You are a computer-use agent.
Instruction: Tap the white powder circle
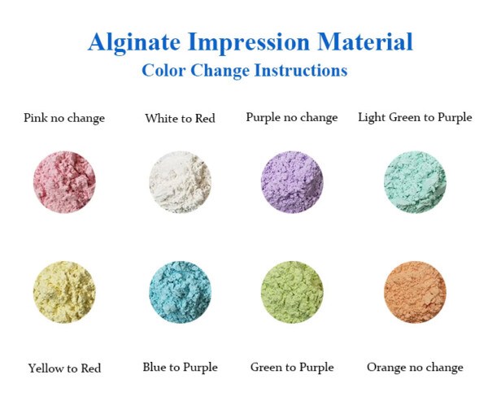[x=180, y=181]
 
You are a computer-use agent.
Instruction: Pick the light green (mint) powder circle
[x=415, y=181]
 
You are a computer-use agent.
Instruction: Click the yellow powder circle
[x=64, y=292]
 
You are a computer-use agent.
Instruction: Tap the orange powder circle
[x=415, y=292]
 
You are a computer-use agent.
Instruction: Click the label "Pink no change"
[x=64, y=118]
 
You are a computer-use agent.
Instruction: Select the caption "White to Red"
[x=180, y=119]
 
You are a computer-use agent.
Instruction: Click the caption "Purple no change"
[x=291, y=118]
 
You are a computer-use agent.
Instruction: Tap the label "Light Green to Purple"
[x=415, y=118]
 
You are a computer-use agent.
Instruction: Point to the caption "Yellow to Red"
[x=64, y=368]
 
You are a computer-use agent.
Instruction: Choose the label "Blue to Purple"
[x=180, y=368]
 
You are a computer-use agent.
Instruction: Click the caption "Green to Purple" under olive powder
[x=292, y=368]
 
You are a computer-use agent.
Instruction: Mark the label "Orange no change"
[x=415, y=368]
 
